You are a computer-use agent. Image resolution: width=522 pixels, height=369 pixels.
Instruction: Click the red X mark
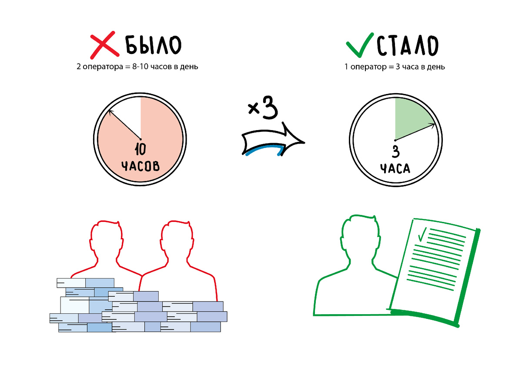[104, 45]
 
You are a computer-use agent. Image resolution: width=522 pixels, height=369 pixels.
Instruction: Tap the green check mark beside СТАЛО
[360, 45]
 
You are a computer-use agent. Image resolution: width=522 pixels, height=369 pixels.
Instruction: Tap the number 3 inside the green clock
[395, 152]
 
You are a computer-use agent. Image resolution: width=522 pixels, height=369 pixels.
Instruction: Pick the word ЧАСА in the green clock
[395, 168]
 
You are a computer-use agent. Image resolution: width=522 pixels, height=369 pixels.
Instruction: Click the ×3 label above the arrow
[263, 109]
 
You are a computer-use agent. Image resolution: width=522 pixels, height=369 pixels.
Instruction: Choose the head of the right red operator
[175, 242]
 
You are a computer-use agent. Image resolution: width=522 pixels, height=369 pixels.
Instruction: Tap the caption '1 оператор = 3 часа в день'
[395, 67]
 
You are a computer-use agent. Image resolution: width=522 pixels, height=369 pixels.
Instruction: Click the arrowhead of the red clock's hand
[110, 112]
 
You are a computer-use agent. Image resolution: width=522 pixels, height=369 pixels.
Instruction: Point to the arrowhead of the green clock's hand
[433, 124]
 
